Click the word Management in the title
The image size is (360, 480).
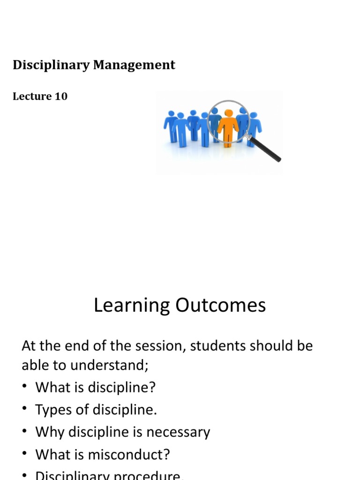pyautogui.click(x=134, y=65)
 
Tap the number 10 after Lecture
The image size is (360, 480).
pyautogui.click(x=61, y=97)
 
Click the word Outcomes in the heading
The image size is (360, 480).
pyautogui.click(x=221, y=306)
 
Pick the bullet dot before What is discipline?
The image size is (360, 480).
pyautogui.click(x=25, y=388)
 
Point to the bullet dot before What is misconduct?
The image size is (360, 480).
pyautogui.click(x=25, y=454)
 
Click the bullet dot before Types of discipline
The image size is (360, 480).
pyautogui.click(x=25, y=410)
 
